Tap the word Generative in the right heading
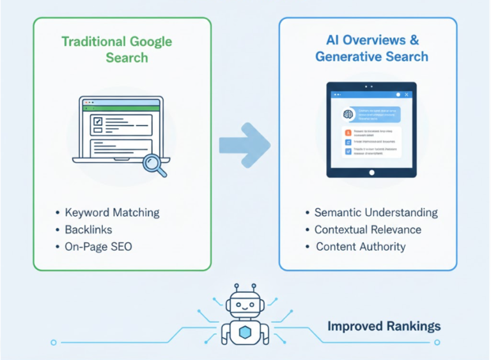click(x=345, y=57)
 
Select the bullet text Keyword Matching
click(x=112, y=212)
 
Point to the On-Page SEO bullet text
click(x=98, y=247)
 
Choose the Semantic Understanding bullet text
click(x=376, y=212)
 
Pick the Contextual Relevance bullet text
click(x=368, y=230)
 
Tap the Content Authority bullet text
click(x=361, y=247)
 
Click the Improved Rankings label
click(x=384, y=327)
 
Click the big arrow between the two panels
click(x=245, y=145)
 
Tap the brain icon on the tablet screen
click(x=349, y=114)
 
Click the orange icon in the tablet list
click(x=348, y=132)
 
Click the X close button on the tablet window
click(x=407, y=94)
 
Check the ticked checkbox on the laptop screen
click(x=98, y=121)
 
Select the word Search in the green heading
click(x=127, y=58)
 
